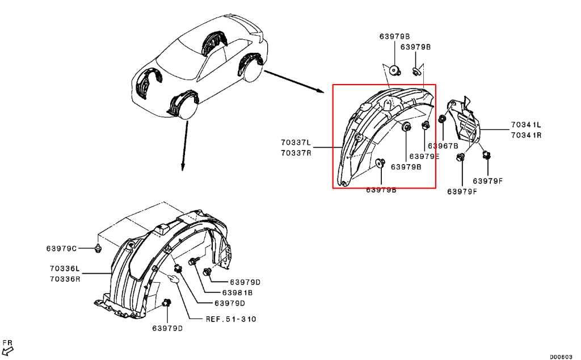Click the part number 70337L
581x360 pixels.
296,143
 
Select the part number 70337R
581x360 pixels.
296,152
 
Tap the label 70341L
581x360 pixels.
526,125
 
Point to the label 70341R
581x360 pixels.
526,135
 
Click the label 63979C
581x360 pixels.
61,248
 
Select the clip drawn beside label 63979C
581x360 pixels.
98,248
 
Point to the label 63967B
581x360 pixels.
443,146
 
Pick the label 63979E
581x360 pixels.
424,156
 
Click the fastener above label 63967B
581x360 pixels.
442,119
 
